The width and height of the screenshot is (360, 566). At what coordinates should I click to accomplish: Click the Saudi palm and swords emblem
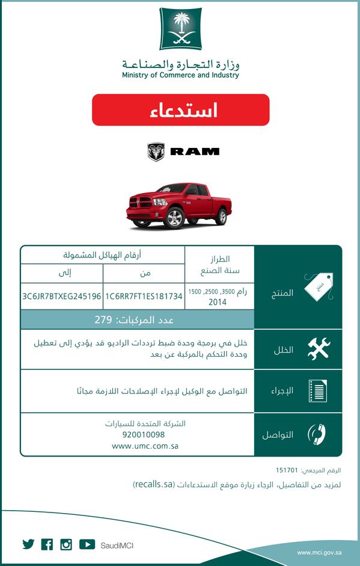(180, 29)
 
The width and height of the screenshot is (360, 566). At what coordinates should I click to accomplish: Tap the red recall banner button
(180, 110)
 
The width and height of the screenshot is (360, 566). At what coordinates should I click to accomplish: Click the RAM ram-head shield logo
(156, 152)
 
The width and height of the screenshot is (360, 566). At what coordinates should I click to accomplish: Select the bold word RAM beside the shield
(195, 152)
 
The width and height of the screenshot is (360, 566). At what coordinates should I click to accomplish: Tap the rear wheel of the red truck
(221, 216)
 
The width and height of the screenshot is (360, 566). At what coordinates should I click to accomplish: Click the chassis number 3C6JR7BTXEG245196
(61, 297)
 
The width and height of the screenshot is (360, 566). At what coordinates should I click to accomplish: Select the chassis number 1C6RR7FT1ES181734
(144, 297)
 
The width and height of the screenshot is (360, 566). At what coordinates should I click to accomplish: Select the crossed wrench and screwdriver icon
(318, 349)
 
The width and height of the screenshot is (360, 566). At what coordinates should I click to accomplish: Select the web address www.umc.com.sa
(145, 446)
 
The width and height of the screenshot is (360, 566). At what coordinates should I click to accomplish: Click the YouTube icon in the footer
(87, 544)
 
